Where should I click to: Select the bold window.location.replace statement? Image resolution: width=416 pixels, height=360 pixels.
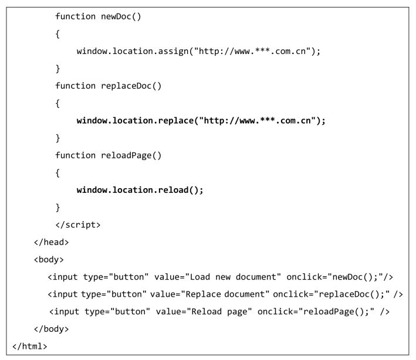pos(201,121)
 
